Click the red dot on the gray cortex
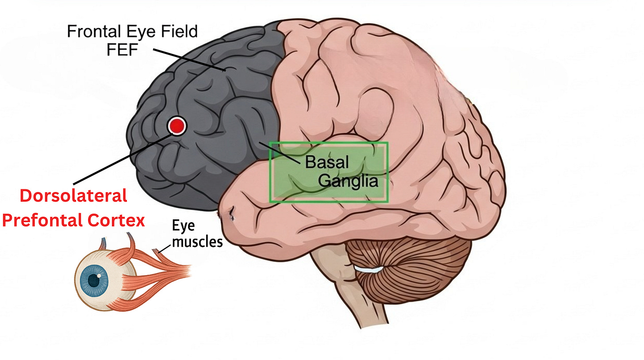(x=177, y=126)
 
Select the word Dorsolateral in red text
(x=74, y=195)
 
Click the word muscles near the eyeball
(x=197, y=242)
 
